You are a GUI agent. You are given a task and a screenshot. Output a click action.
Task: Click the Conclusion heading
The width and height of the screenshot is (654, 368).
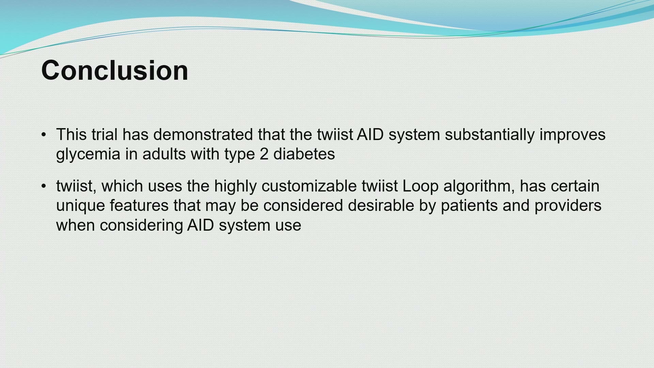(x=114, y=70)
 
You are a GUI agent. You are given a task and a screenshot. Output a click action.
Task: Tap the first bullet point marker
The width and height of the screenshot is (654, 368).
(x=44, y=135)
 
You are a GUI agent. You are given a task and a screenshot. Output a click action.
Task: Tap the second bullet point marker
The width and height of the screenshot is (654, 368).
(x=44, y=186)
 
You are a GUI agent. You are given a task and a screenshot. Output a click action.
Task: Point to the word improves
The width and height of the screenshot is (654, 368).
(x=573, y=136)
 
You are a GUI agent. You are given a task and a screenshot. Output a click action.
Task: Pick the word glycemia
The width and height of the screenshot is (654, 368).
(x=88, y=155)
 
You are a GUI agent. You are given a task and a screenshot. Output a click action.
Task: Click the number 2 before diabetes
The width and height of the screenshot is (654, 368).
(x=264, y=154)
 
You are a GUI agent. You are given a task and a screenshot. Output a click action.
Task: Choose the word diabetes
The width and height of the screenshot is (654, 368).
(x=304, y=154)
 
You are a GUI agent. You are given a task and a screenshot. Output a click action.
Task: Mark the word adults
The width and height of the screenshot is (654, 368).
(x=164, y=154)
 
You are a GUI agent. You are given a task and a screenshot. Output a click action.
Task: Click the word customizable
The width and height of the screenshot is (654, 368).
(x=309, y=186)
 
